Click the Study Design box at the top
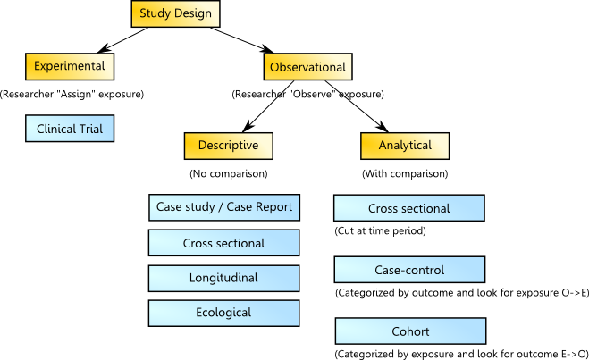(x=174, y=13)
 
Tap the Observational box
(x=308, y=67)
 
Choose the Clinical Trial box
(x=70, y=130)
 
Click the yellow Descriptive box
(x=228, y=146)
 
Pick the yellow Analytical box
(x=405, y=146)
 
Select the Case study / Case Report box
(x=223, y=208)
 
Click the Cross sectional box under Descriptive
(x=223, y=243)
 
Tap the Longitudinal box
(x=223, y=278)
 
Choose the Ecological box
(x=223, y=313)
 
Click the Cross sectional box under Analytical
(x=408, y=209)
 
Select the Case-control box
(x=408, y=270)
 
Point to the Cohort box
(x=408, y=331)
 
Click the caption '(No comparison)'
(x=229, y=173)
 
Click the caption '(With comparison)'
(x=405, y=173)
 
